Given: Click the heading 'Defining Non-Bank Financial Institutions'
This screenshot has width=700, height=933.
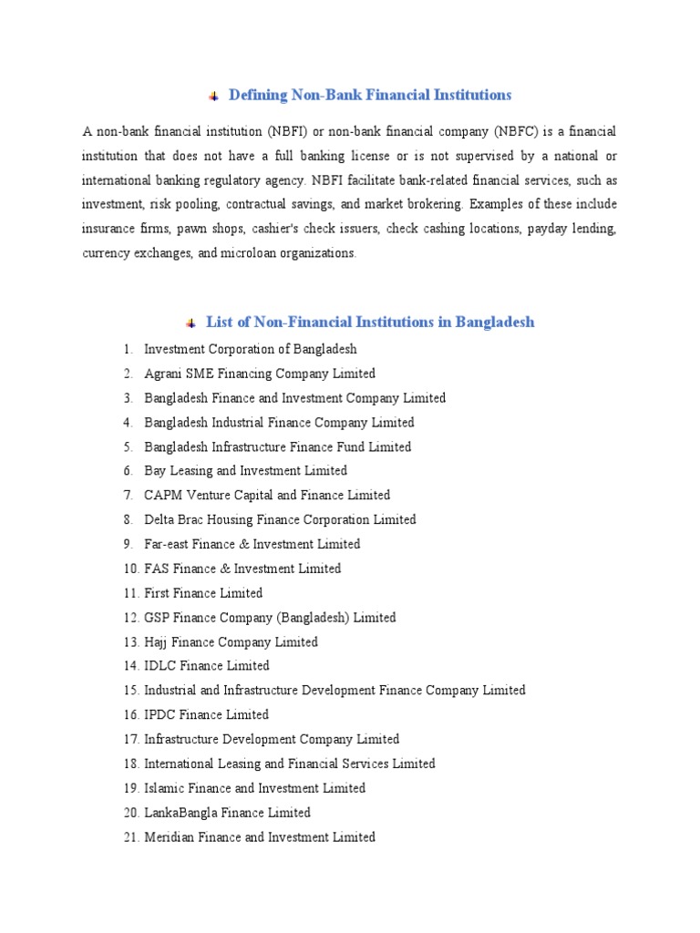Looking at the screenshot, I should click(x=369, y=95).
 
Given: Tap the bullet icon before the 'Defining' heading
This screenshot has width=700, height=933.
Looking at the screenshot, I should click(x=214, y=96).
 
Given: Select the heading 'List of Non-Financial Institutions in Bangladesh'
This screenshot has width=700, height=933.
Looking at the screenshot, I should click(x=370, y=322).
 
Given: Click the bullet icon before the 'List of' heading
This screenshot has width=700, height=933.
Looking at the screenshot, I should click(x=191, y=323).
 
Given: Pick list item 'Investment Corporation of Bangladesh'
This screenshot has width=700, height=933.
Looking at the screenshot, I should click(x=251, y=349).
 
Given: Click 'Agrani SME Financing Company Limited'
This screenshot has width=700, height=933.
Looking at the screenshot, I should click(x=260, y=374).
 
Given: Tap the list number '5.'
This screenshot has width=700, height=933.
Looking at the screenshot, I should click(x=129, y=446).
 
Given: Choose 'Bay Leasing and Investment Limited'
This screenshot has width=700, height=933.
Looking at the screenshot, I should click(x=245, y=471).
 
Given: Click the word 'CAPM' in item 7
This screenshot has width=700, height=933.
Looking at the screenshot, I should click(x=163, y=496).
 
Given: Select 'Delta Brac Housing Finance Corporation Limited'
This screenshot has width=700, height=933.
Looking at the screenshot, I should click(x=280, y=519).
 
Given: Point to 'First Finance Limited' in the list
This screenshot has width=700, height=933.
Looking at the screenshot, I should click(x=203, y=593).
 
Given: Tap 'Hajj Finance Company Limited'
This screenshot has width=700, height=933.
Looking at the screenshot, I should click(x=231, y=642).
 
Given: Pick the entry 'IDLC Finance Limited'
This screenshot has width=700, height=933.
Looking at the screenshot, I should click(x=207, y=666).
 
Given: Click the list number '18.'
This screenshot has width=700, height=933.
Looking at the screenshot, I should click(x=130, y=764).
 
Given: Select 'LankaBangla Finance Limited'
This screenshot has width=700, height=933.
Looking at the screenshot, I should click(x=227, y=813).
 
